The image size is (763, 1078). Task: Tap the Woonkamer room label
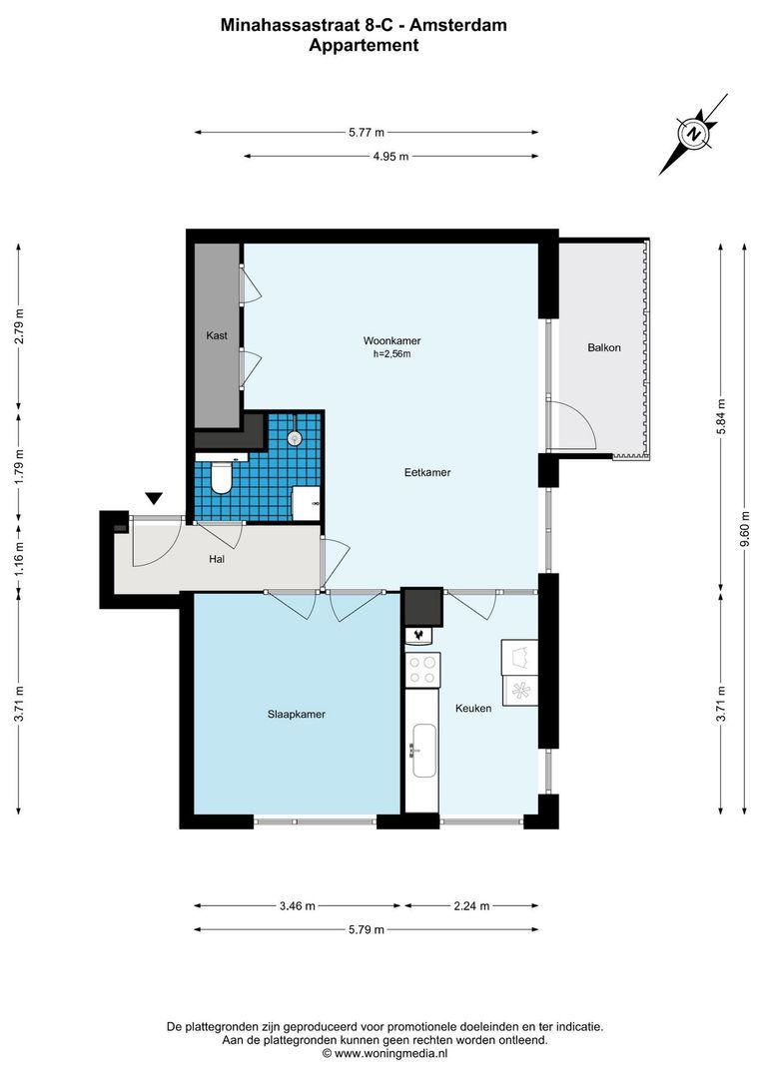click(391, 340)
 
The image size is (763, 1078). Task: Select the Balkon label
click(604, 347)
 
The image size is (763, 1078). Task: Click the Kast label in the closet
click(217, 335)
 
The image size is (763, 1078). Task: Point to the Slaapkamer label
click(297, 714)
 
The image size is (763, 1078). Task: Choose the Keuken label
click(473, 709)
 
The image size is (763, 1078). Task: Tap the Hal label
click(217, 559)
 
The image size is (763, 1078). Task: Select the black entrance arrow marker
click(154, 498)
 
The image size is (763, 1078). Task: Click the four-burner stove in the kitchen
click(422, 669)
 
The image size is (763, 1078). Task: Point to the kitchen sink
click(419, 749)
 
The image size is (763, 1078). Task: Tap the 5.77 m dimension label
click(367, 132)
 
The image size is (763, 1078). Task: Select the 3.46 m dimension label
click(297, 906)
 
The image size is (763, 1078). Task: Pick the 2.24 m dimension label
click(470, 906)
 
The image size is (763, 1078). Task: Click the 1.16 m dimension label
click(18, 563)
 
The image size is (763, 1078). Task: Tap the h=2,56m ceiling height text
click(391, 353)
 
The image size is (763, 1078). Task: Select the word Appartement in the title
click(364, 45)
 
